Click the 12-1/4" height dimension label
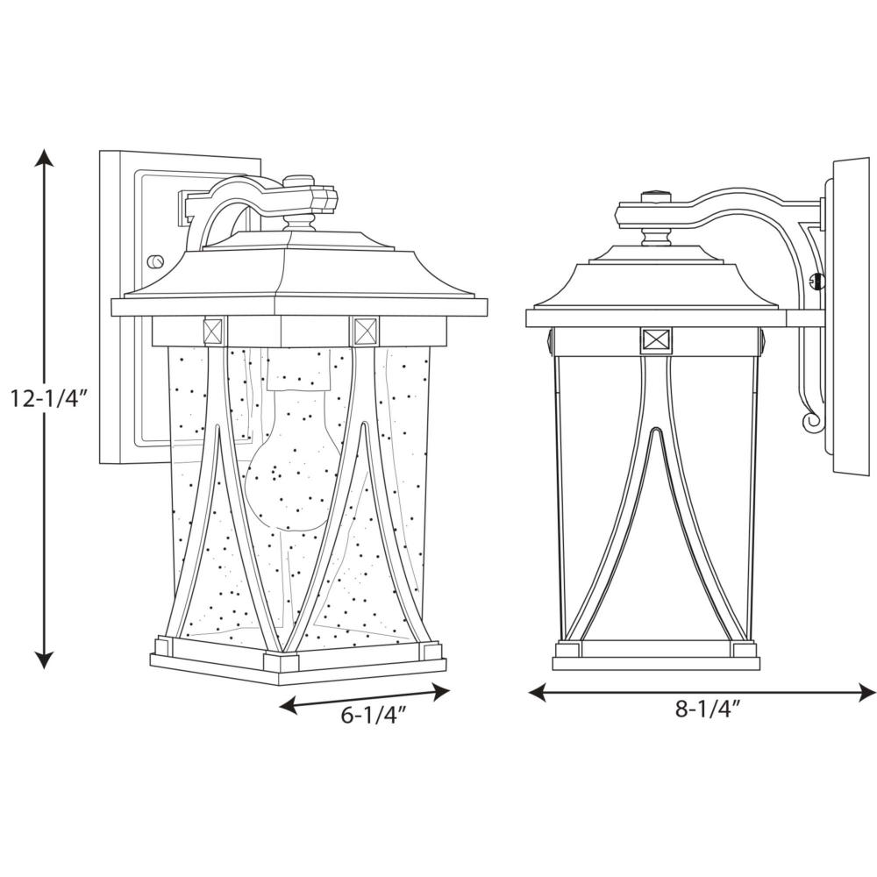coord(48,398)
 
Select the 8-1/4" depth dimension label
coord(708,709)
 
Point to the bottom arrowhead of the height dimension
coord(45,660)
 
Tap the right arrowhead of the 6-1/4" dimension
coord(440,693)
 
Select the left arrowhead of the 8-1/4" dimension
coord(538,694)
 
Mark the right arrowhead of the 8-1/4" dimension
coord(866,694)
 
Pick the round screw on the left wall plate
coord(154,261)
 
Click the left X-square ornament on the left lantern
coord(216,332)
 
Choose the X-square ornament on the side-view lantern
coord(657,341)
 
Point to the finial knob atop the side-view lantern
coord(657,197)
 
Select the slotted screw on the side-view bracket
coord(817,280)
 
